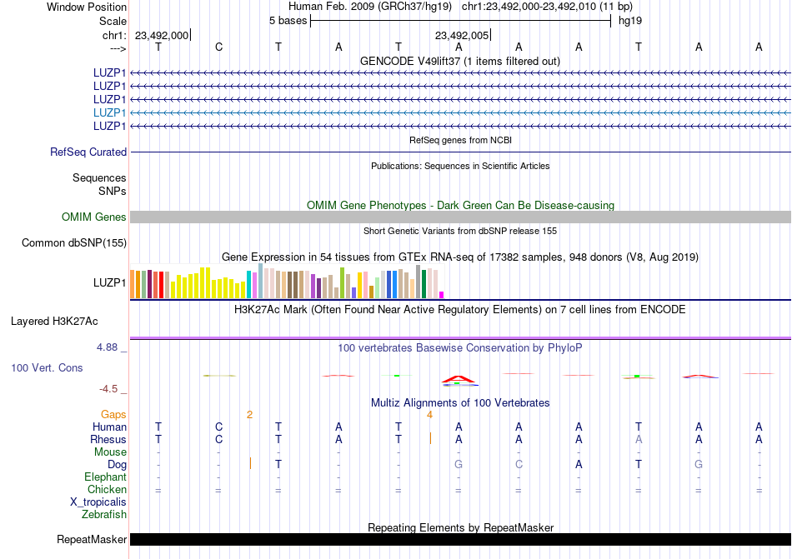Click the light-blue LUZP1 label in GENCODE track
110,112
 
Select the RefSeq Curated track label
88,152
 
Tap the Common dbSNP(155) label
74,243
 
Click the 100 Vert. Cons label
47,367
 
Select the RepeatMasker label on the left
92,540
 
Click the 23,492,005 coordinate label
462,35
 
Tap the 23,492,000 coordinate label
162,35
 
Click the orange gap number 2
249,414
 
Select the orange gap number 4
429,414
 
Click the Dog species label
117,464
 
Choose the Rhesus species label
108,439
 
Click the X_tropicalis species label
98,502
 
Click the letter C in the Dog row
519,464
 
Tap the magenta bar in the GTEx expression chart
442,294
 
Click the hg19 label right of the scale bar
629,21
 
